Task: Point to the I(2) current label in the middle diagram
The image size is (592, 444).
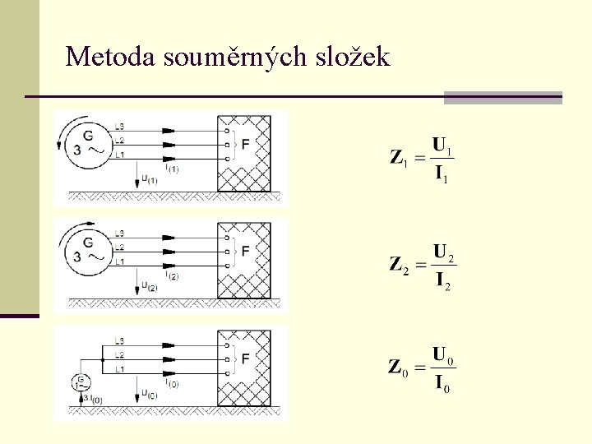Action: (172, 276)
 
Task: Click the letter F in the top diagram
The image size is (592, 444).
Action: (247, 145)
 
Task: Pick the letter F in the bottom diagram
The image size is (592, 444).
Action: (247, 358)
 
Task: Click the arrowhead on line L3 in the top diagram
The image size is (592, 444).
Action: (169, 131)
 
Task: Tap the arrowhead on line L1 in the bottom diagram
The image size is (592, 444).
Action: (169, 372)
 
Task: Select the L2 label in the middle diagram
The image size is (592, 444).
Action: (120, 247)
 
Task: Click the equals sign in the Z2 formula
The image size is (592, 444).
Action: (420, 265)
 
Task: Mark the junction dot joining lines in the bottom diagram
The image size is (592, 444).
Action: (101, 359)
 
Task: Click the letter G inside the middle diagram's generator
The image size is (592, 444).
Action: (88, 241)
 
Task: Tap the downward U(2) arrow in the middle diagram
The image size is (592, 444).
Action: (135, 284)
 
